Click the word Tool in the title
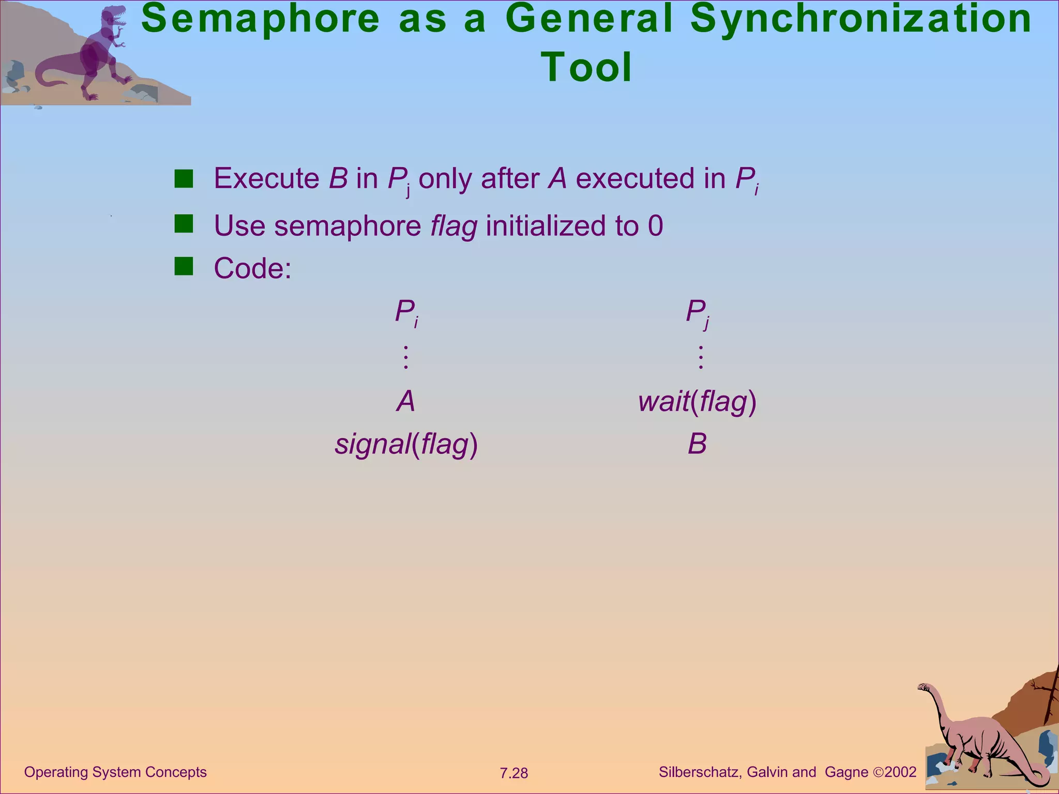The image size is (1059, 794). [x=586, y=67]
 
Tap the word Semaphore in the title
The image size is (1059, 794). [x=261, y=19]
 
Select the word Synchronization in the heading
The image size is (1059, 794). [x=860, y=19]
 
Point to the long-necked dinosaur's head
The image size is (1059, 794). [x=924, y=688]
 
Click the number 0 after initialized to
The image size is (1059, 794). [x=655, y=226]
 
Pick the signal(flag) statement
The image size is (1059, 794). [x=406, y=444]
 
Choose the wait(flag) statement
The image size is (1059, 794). [x=697, y=402]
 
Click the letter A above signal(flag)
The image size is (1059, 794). [x=406, y=401]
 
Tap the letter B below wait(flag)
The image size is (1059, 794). [x=697, y=444]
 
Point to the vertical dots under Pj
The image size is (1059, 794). [x=701, y=357]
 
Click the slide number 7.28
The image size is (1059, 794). [x=513, y=773]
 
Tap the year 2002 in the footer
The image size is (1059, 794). [x=900, y=772]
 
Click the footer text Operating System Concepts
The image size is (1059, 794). [x=115, y=772]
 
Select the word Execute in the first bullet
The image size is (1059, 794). [x=267, y=178]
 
